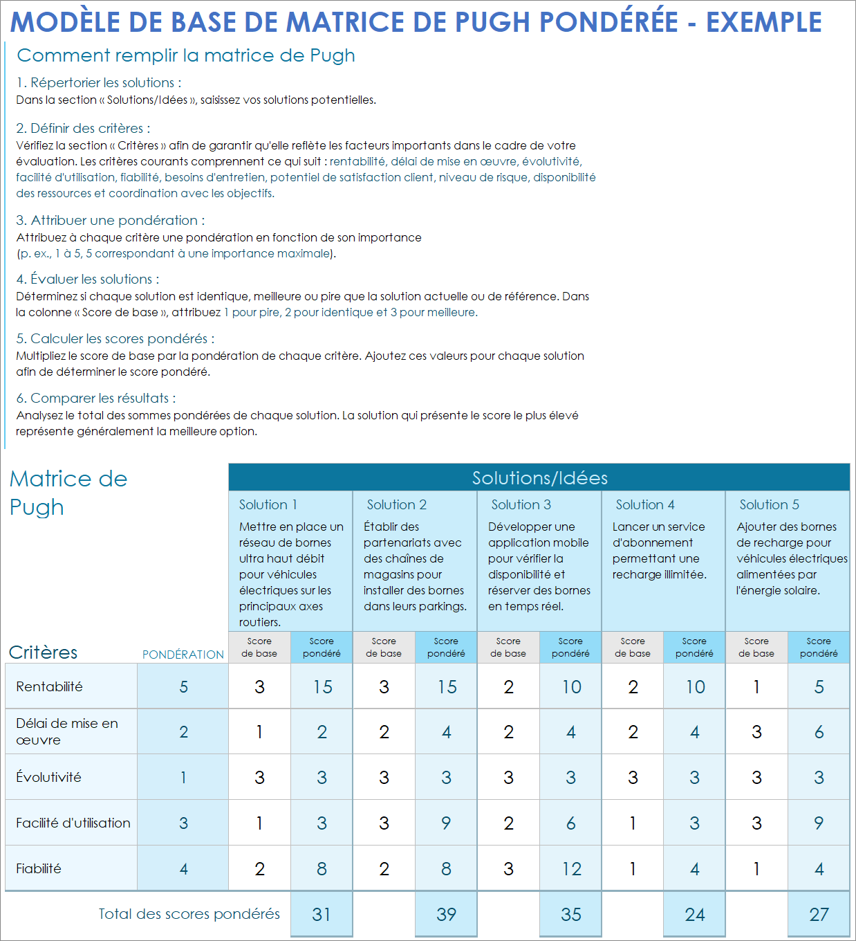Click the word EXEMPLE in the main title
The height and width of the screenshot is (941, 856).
click(763, 22)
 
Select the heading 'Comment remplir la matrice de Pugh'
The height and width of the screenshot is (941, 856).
click(186, 55)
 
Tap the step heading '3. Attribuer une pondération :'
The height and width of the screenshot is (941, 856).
click(111, 220)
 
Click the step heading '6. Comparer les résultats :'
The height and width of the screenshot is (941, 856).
click(96, 398)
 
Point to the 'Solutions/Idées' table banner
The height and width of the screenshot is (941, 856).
click(539, 477)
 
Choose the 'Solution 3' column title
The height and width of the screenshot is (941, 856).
click(521, 504)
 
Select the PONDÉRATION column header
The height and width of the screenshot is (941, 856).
click(183, 654)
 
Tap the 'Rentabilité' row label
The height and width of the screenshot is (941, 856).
click(49, 686)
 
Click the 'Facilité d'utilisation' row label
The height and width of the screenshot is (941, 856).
click(73, 823)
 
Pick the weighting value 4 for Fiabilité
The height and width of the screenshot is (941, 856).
click(183, 868)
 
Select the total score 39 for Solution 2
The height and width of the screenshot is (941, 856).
click(446, 914)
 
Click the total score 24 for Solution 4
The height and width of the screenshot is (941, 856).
click(694, 914)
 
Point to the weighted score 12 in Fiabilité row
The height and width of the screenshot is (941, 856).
click(571, 868)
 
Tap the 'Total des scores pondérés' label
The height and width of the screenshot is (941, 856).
click(189, 914)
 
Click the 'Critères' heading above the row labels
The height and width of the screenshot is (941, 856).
click(43, 652)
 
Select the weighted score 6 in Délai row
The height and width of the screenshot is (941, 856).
click(819, 732)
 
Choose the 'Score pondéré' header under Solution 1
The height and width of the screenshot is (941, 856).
click(322, 647)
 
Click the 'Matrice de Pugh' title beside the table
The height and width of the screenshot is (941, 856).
click(68, 493)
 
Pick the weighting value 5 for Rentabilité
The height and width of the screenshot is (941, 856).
click(183, 686)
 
